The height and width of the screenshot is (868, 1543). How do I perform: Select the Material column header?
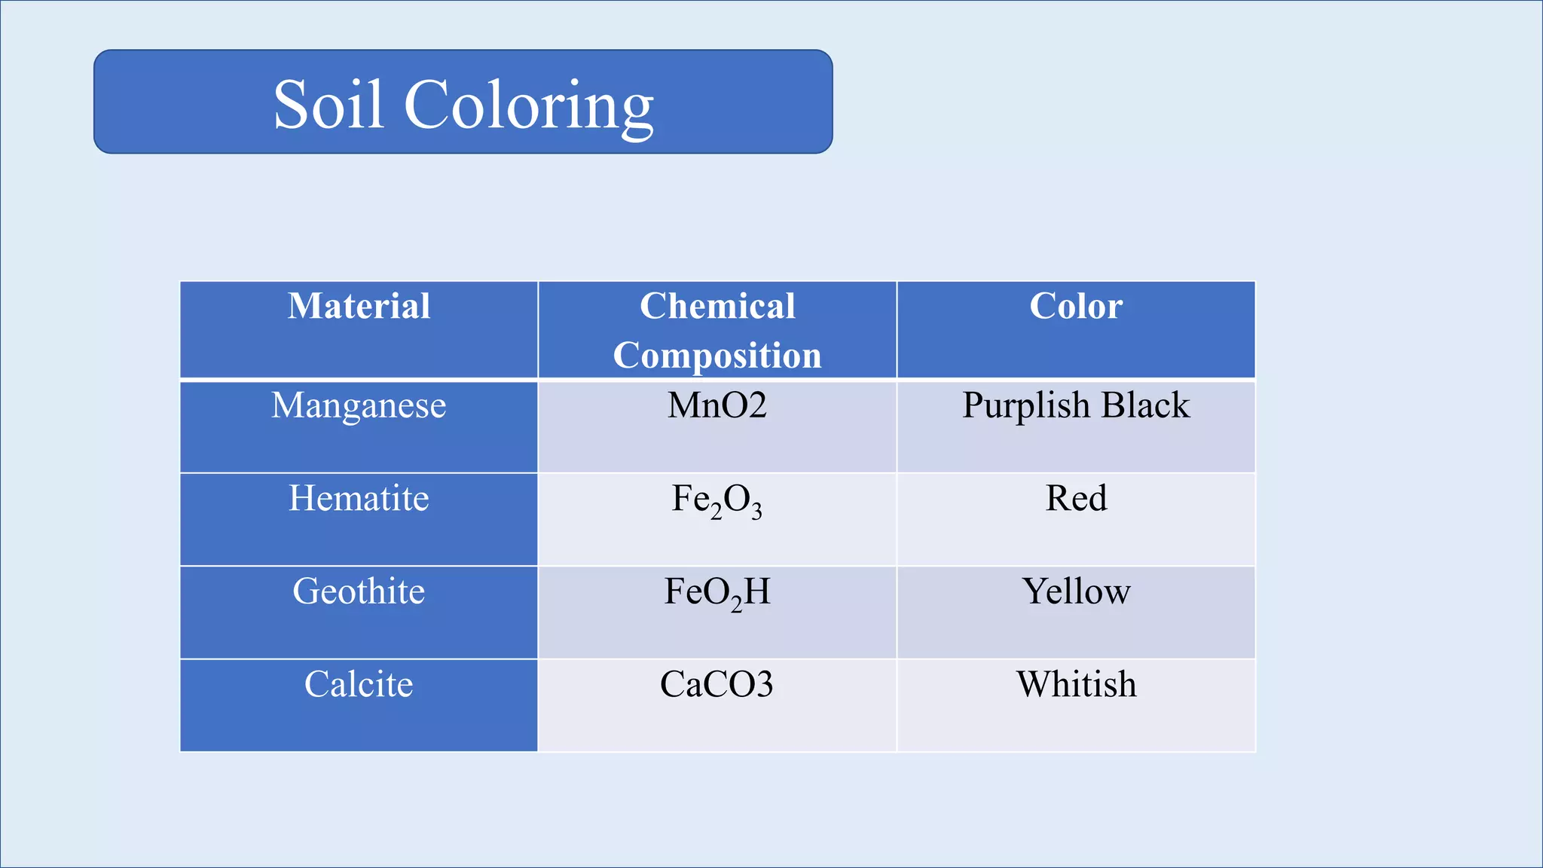[x=359, y=307]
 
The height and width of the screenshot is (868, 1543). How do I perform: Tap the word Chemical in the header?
[x=717, y=307]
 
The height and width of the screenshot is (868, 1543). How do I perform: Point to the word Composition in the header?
[x=717, y=356]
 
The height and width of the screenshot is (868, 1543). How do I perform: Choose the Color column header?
[x=1076, y=307]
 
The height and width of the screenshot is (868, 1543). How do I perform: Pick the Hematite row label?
[x=359, y=499]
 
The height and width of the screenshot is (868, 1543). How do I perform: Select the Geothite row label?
[x=359, y=591]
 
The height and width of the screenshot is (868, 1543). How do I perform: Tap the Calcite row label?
[x=359, y=684]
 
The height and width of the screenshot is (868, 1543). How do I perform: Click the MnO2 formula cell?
[x=717, y=405]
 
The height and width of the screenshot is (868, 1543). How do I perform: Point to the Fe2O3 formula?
[x=717, y=500]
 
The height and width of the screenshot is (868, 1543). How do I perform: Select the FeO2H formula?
[x=717, y=593]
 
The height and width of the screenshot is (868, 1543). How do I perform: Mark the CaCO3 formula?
[x=717, y=684]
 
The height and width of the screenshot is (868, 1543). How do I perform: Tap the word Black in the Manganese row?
[x=1145, y=405]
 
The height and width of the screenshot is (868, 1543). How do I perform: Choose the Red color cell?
[x=1076, y=499]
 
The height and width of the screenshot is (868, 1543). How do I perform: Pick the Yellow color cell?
[x=1076, y=591]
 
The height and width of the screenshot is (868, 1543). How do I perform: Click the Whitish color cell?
[x=1076, y=684]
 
